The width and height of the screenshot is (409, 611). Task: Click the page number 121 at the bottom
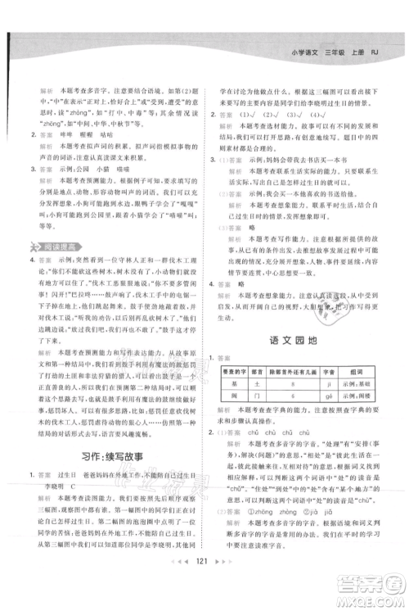tap(204, 588)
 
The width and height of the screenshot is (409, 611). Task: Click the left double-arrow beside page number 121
tap(184, 588)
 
